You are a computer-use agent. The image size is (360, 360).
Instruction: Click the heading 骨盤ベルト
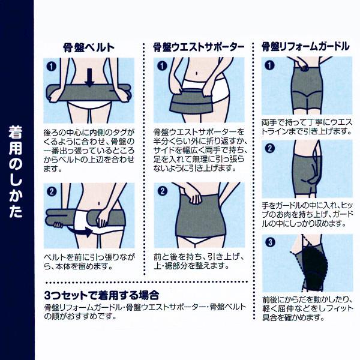tap(89, 47)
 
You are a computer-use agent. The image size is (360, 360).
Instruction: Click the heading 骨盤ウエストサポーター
tap(199, 47)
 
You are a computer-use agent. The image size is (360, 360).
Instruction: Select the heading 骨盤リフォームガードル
tap(305, 47)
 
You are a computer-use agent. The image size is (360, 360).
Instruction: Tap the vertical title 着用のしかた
tap(16, 172)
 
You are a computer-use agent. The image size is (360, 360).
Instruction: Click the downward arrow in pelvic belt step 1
tap(89, 77)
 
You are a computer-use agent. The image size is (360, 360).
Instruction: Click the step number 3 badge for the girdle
tap(270, 242)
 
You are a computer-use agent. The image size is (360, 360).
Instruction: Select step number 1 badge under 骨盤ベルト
tap(51, 67)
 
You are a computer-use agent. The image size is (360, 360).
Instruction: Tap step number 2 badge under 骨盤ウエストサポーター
tap(163, 191)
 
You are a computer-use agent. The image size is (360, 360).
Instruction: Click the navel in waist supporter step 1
tap(197, 73)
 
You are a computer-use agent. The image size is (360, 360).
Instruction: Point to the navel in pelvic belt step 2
tap(99, 203)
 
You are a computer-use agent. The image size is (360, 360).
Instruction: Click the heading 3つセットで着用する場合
tap(101, 295)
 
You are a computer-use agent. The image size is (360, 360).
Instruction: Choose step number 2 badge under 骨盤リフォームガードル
tap(270, 148)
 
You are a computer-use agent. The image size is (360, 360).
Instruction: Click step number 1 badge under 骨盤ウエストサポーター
tap(162, 66)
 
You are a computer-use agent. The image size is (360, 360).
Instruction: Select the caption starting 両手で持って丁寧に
tap(307, 127)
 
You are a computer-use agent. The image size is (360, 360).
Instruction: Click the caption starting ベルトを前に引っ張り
tap(89, 262)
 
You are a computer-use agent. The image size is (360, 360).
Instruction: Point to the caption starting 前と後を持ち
tap(199, 261)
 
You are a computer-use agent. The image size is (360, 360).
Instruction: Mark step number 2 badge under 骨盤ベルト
tap(52, 191)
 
